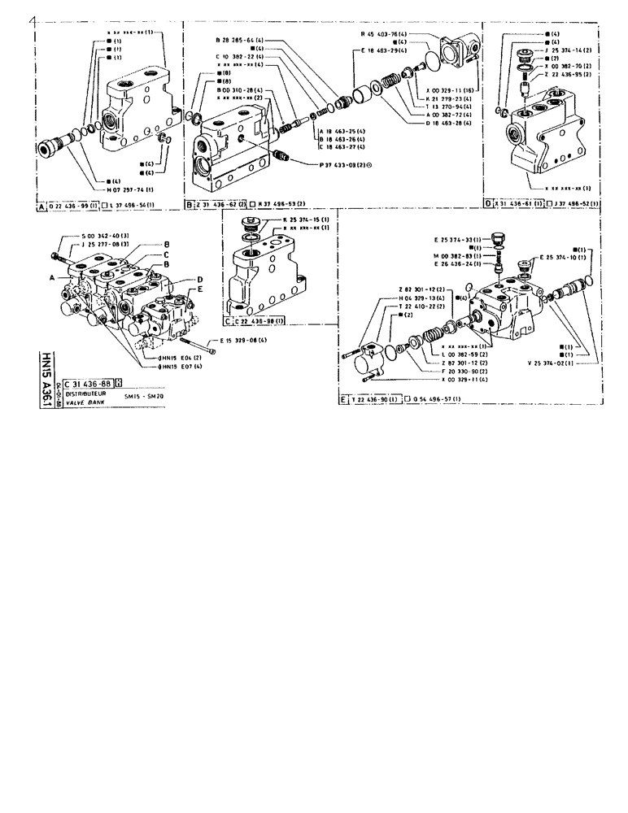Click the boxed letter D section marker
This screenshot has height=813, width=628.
[x=487, y=203]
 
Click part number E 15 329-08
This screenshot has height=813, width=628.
[x=242, y=341]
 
